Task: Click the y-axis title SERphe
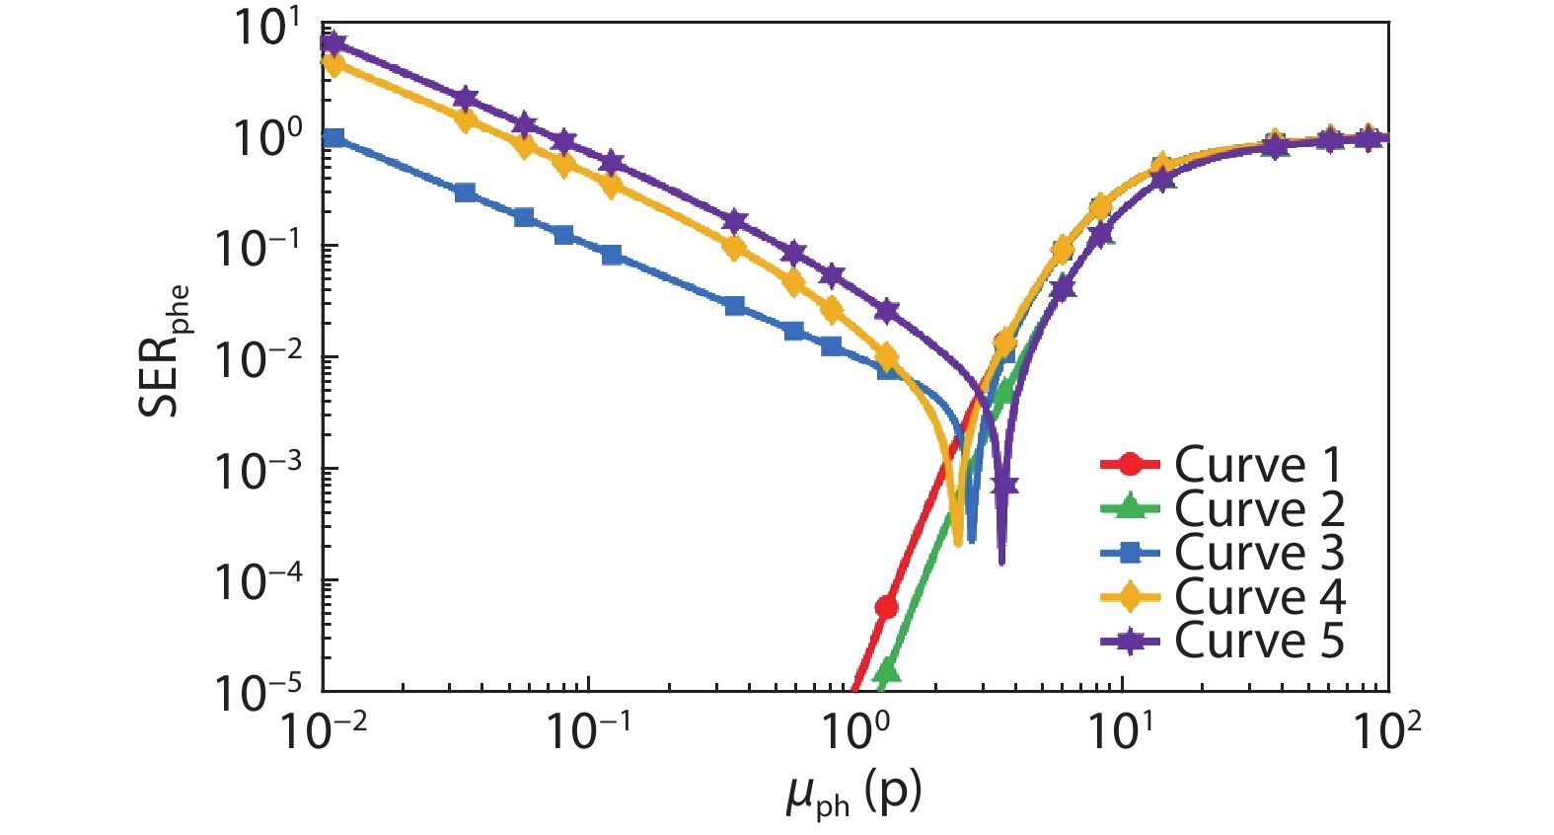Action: point(163,350)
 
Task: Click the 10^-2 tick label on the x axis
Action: point(324,731)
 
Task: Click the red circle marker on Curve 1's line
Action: point(886,607)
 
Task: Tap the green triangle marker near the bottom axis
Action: point(887,672)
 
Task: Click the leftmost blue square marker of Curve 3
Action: point(334,137)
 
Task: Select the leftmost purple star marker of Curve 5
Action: point(333,42)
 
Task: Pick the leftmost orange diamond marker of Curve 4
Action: point(333,65)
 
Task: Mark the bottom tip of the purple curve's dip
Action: point(1001,562)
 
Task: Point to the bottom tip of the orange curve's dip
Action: point(958,542)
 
